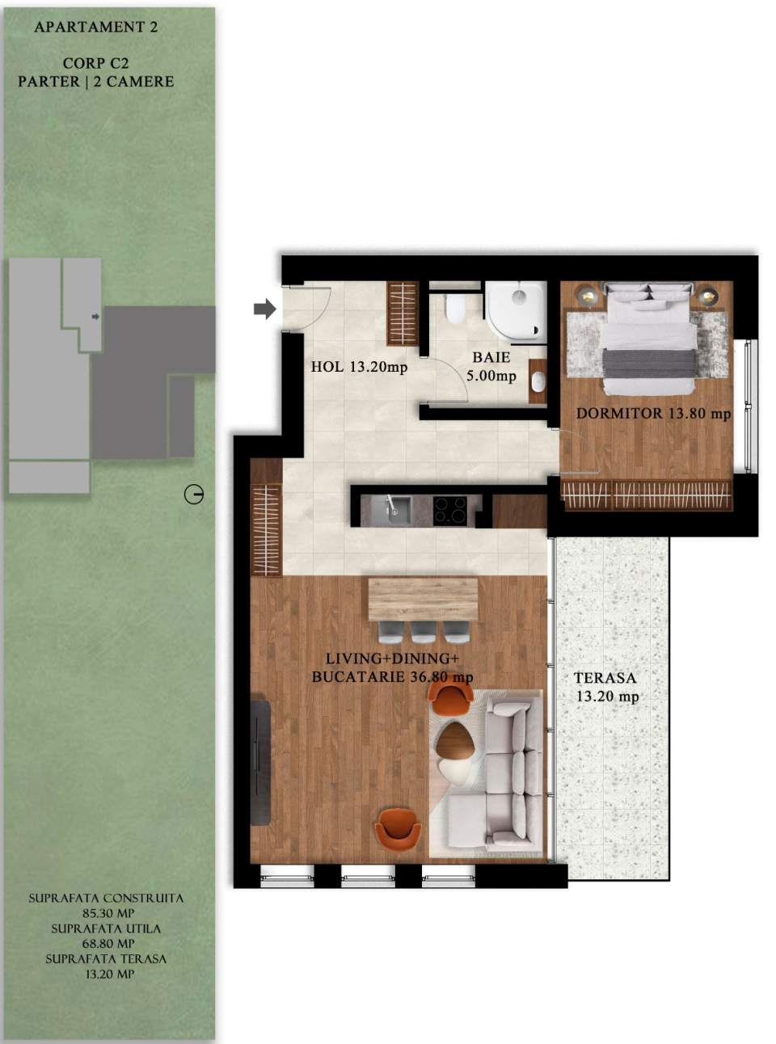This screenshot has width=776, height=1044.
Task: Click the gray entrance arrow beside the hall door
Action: (x=264, y=309)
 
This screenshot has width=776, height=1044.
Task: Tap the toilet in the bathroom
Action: (x=455, y=307)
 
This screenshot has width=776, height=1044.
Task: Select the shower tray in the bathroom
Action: (x=516, y=309)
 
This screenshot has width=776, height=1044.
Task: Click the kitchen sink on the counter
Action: (x=397, y=509)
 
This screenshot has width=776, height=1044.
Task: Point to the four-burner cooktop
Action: (x=450, y=510)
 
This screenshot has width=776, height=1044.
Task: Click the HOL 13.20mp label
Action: (x=359, y=367)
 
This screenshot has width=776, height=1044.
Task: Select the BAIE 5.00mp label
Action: (x=491, y=366)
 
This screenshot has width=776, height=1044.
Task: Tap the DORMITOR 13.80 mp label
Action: (x=653, y=413)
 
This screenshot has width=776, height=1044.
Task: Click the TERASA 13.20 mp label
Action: (x=605, y=687)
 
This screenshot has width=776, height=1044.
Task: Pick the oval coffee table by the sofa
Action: (x=455, y=739)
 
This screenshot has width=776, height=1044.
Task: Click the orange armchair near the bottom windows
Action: (x=398, y=828)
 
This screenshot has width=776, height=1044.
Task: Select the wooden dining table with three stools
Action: (x=423, y=598)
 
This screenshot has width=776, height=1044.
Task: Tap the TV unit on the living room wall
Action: (x=259, y=762)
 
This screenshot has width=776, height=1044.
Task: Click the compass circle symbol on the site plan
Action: (x=194, y=495)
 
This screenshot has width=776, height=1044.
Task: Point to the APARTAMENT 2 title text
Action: (x=95, y=27)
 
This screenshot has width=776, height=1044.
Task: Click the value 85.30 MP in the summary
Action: (x=106, y=913)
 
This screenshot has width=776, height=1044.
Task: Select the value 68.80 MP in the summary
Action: (x=106, y=944)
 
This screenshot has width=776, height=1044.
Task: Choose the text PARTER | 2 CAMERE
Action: (x=95, y=82)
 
